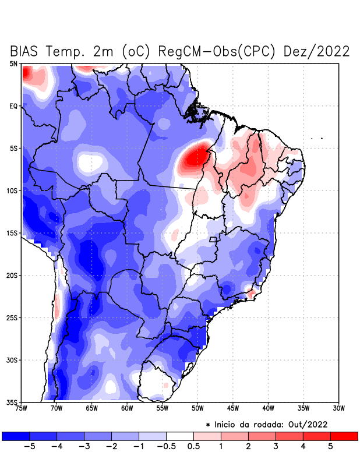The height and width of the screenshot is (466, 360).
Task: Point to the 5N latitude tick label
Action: [13, 63]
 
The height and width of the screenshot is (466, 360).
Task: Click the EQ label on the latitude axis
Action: [13, 106]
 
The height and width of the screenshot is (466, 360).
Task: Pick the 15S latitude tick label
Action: [12, 233]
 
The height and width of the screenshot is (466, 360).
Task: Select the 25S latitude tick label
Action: [12, 317]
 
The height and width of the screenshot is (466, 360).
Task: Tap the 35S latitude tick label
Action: [12, 402]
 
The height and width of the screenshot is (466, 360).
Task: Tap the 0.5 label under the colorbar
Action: [194, 447]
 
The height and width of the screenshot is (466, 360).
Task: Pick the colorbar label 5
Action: [330, 447]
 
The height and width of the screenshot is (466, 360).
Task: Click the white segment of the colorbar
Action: [180, 436]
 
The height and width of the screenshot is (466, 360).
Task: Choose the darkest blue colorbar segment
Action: [16, 436]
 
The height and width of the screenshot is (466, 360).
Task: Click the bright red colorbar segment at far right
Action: [344, 436]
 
